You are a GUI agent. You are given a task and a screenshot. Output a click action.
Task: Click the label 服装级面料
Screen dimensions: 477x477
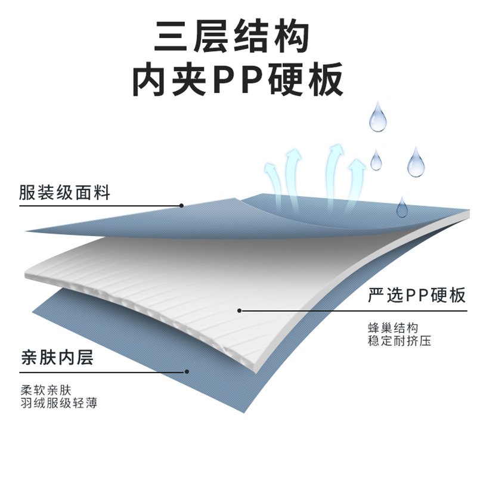click(64, 192)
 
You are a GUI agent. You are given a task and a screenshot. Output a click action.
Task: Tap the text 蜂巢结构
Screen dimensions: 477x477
click(394, 328)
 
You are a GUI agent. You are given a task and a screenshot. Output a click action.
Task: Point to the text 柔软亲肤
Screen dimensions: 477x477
click(46, 391)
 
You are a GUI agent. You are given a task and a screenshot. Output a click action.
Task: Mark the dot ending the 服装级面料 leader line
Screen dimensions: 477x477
click(181, 206)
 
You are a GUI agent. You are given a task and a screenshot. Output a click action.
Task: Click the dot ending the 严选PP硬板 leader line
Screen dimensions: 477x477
click(239, 310)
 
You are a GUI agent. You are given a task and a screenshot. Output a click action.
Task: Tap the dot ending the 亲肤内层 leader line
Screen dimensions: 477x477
click(187, 371)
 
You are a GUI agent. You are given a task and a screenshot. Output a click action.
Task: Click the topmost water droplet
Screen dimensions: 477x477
click(377, 117)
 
